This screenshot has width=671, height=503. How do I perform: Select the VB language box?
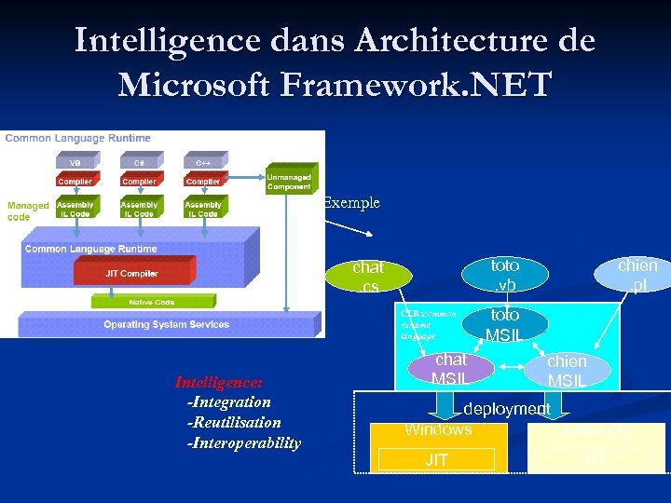pyautogui.click(x=75, y=161)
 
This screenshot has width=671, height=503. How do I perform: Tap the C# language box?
pyautogui.click(x=139, y=161)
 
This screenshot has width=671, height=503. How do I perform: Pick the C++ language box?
pyautogui.click(x=203, y=161)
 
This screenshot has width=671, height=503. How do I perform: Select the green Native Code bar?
pyautogui.click(x=139, y=302)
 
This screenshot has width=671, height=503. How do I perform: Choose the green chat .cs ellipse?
pyautogui.click(x=367, y=277)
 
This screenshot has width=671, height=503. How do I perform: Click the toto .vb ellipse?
pyautogui.click(x=504, y=274)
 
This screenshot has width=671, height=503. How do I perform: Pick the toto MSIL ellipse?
pyautogui.click(x=504, y=324)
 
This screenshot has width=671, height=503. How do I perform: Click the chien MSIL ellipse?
pyautogui.click(x=567, y=370)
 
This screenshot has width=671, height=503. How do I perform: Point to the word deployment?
pyautogui.click(x=507, y=409)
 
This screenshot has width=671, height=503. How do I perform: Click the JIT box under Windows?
pyautogui.click(x=436, y=459)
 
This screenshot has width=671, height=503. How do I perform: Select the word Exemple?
pyautogui.click(x=351, y=202)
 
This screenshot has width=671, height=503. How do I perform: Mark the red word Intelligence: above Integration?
pyautogui.click(x=219, y=382)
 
